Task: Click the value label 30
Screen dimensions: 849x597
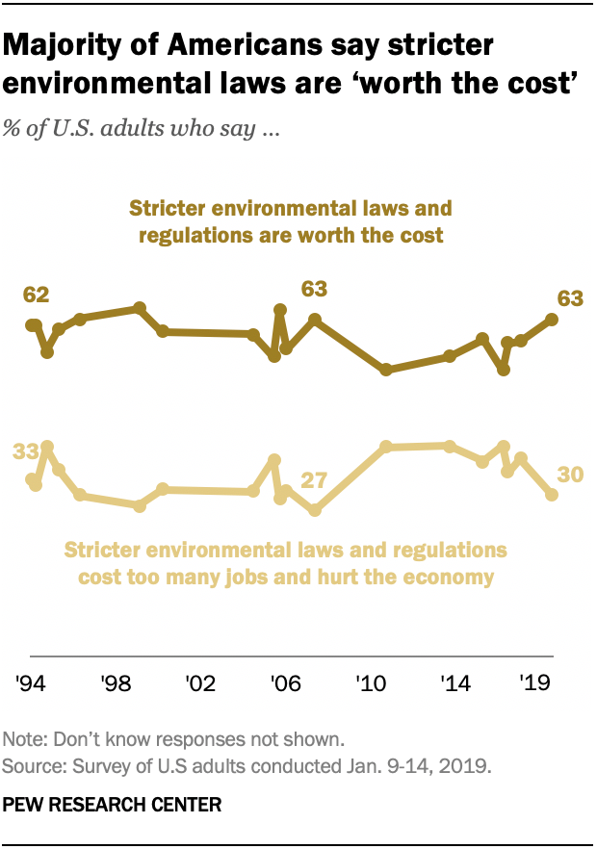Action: [572, 475]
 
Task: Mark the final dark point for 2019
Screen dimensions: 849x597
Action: [552, 319]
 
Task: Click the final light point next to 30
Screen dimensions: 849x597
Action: [552, 495]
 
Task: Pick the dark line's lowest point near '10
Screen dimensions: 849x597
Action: [385, 370]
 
